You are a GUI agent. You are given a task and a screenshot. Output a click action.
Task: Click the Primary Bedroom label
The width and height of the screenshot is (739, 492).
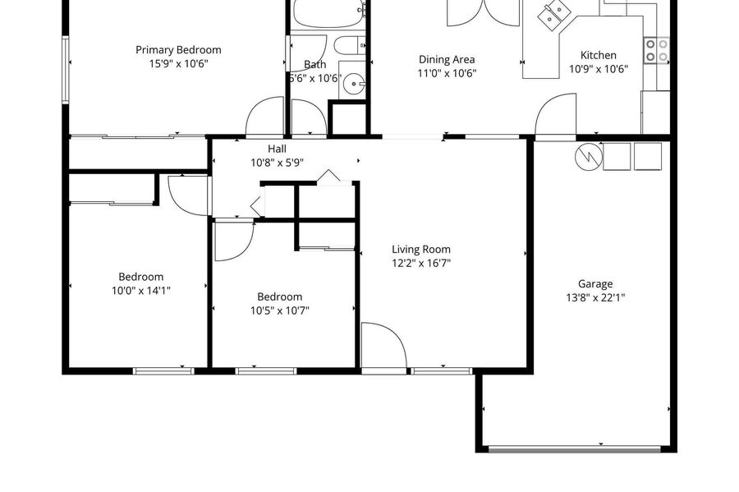(x=178, y=50)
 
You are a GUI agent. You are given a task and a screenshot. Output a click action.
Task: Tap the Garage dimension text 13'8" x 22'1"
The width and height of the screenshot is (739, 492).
(x=595, y=298)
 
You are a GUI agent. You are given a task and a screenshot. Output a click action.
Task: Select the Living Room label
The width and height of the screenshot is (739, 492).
(x=421, y=250)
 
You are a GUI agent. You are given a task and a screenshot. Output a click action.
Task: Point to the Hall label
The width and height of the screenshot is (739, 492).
(x=277, y=149)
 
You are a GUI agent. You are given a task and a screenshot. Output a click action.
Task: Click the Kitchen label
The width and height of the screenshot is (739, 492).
(x=598, y=55)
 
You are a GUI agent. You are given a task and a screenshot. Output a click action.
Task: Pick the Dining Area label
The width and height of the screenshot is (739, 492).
(x=447, y=59)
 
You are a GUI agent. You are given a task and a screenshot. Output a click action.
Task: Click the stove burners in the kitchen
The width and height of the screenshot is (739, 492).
(x=657, y=50)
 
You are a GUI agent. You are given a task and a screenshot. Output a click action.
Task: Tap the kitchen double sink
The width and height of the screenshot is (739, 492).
(x=553, y=15)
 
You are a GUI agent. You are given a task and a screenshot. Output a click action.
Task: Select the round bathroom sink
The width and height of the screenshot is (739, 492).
(x=353, y=85)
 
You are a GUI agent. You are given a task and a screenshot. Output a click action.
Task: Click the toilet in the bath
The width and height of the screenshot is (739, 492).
(x=350, y=46)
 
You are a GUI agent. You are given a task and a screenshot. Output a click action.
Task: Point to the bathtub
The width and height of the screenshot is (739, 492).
(x=329, y=12)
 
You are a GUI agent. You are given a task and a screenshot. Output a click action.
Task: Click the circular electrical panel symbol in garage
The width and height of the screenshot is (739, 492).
(x=589, y=157)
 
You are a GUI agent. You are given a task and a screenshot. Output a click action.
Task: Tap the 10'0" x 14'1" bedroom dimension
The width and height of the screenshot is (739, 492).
(x=141, y=291)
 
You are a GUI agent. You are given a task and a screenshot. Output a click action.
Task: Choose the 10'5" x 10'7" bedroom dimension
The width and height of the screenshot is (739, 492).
(x=279, y=310)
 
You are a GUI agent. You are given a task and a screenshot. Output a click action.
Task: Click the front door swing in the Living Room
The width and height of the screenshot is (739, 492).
(x=383, y=346)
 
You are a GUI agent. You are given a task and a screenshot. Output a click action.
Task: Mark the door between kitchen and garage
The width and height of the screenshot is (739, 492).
(x=556, y=116)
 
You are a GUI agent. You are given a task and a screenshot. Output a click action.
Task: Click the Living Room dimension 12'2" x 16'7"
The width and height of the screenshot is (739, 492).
(x=421, y=264)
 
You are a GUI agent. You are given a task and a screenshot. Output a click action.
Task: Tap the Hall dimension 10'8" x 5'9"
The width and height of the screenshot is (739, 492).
(x=277, y=163)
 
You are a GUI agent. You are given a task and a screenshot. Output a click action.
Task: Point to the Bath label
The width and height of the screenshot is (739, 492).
(x=314, y=65)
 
